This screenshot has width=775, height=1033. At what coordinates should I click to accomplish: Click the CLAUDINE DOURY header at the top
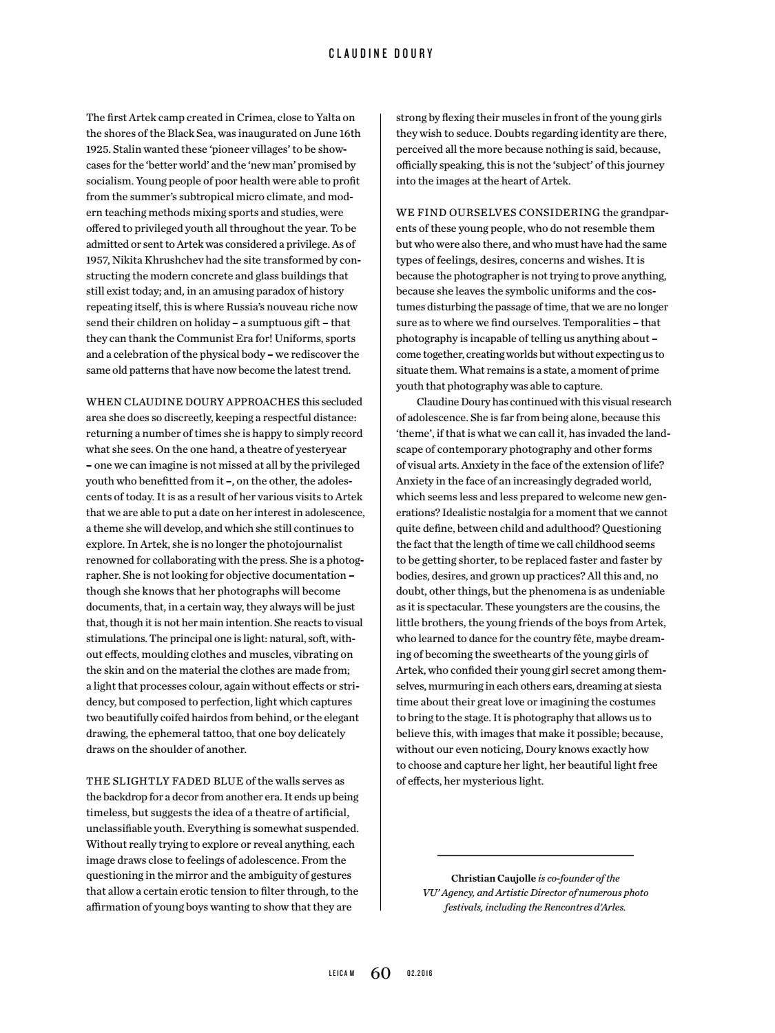pos(381,53)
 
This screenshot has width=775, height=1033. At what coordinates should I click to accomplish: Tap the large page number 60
pos(381,972)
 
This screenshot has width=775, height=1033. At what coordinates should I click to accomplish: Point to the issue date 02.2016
pos(420,973)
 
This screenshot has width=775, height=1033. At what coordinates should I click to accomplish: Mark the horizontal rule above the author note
pos(535,855)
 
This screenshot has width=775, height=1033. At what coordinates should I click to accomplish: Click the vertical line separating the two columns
pos(381,509)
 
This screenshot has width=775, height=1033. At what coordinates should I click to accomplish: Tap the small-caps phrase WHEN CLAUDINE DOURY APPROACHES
pos(193,402)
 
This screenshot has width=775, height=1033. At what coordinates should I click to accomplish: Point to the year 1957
pos(98,260)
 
